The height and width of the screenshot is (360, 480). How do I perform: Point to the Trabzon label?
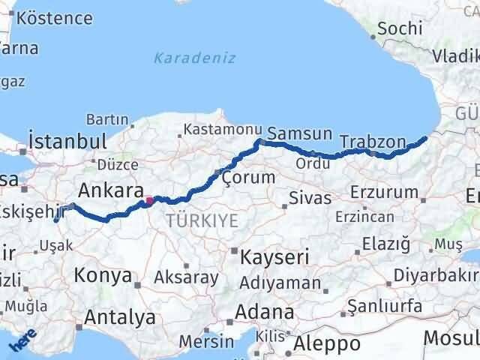coord(372,141)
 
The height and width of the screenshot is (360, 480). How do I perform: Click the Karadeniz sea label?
coord(195,58)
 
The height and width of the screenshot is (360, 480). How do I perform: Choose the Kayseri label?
coord(274,257)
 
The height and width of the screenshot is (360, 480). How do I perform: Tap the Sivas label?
coord(310,199)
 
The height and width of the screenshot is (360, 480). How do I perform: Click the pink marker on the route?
coord(149,199)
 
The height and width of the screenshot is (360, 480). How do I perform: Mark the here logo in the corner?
coord(21,341)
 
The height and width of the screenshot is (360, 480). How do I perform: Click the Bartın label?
coord(108,119)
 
